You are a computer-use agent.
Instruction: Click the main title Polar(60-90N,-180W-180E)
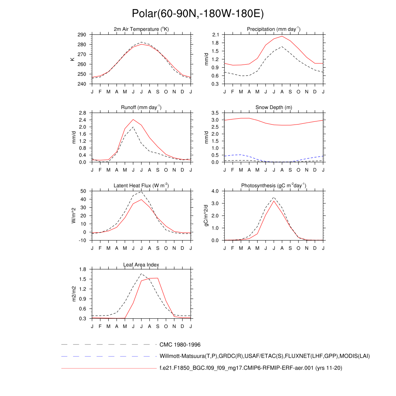pos(198,14)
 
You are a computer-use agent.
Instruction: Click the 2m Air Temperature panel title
pos(141,29)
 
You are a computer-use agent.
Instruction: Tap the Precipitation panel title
pos(274,29)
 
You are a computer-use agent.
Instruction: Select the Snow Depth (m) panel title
pos(274,107)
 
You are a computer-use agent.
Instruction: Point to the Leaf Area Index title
pos(141,265)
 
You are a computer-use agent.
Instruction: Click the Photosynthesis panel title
pos(274,186)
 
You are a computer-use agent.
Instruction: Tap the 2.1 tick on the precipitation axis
pos(216,35)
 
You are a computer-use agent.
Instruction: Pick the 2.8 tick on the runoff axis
pos(82,113)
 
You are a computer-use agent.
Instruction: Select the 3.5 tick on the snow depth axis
pos(216,113)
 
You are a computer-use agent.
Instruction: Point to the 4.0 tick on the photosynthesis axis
pos(216,191)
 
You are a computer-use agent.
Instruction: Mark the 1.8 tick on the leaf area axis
pos(82,270)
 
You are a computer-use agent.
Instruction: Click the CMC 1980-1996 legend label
pos(180,345)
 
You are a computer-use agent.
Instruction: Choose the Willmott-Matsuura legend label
pos(265,356)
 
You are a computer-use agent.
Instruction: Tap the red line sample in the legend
pos(108,369)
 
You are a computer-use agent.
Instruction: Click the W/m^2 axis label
pos(73,216)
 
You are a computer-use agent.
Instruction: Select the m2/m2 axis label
pos(73,294)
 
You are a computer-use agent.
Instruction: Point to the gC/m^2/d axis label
pos(207,216)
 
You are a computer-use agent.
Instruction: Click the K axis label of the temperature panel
pos(73,59)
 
